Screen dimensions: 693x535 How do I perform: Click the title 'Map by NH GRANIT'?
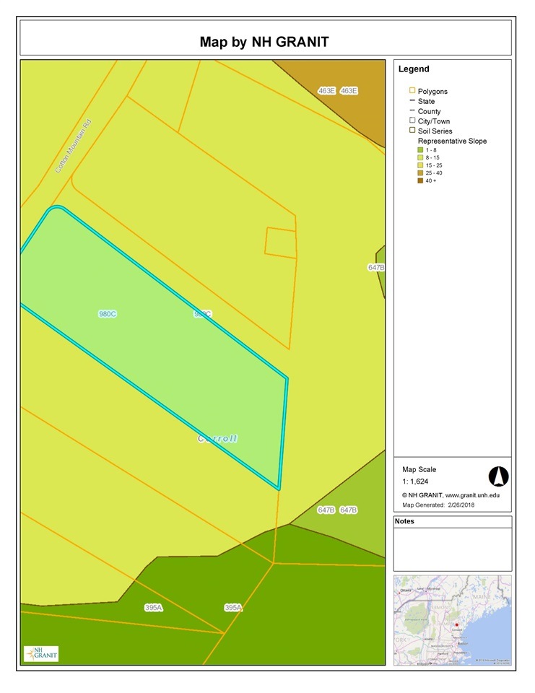264,42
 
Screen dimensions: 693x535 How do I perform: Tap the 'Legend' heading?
414,69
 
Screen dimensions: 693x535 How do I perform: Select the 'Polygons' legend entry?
432,92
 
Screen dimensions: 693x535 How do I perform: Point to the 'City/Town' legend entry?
435,121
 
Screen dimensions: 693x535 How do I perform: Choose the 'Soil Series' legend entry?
435,131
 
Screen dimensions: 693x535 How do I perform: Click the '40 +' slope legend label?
430,180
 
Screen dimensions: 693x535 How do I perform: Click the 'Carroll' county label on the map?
218,438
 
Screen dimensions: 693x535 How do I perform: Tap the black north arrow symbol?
499,476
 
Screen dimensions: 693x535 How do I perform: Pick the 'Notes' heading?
405,521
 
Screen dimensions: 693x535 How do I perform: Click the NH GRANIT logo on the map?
41,653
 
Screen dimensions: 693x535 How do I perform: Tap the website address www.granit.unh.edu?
471,495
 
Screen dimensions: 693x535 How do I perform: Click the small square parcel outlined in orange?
281,243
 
